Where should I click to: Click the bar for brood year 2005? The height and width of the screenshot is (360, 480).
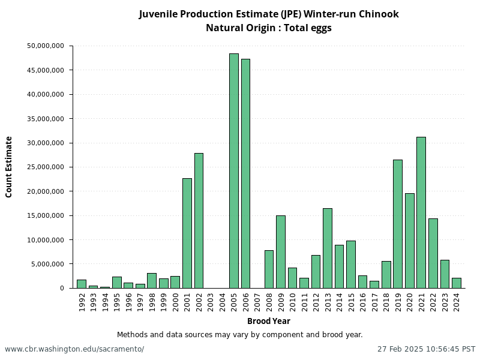234,171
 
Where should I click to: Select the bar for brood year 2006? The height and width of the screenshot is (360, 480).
245,173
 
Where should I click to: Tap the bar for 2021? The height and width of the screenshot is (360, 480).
421,212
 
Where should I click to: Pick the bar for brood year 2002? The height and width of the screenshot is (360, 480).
199,221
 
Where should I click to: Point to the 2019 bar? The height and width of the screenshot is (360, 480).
398,224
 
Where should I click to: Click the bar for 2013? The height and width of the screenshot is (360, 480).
328,248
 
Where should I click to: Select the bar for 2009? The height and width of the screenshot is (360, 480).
281,252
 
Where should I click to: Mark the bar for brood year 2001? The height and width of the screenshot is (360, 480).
187,233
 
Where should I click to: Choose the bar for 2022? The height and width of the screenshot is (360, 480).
433,253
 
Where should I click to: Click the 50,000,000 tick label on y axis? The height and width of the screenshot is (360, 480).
46,46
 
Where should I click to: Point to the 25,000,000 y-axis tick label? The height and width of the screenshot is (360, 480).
46,167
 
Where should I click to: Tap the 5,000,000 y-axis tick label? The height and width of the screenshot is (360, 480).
48,264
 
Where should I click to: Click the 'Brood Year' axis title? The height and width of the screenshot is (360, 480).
269,321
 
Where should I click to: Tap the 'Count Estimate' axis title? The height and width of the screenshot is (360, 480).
9,167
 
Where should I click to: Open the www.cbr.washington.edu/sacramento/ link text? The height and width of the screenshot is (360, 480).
74,349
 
